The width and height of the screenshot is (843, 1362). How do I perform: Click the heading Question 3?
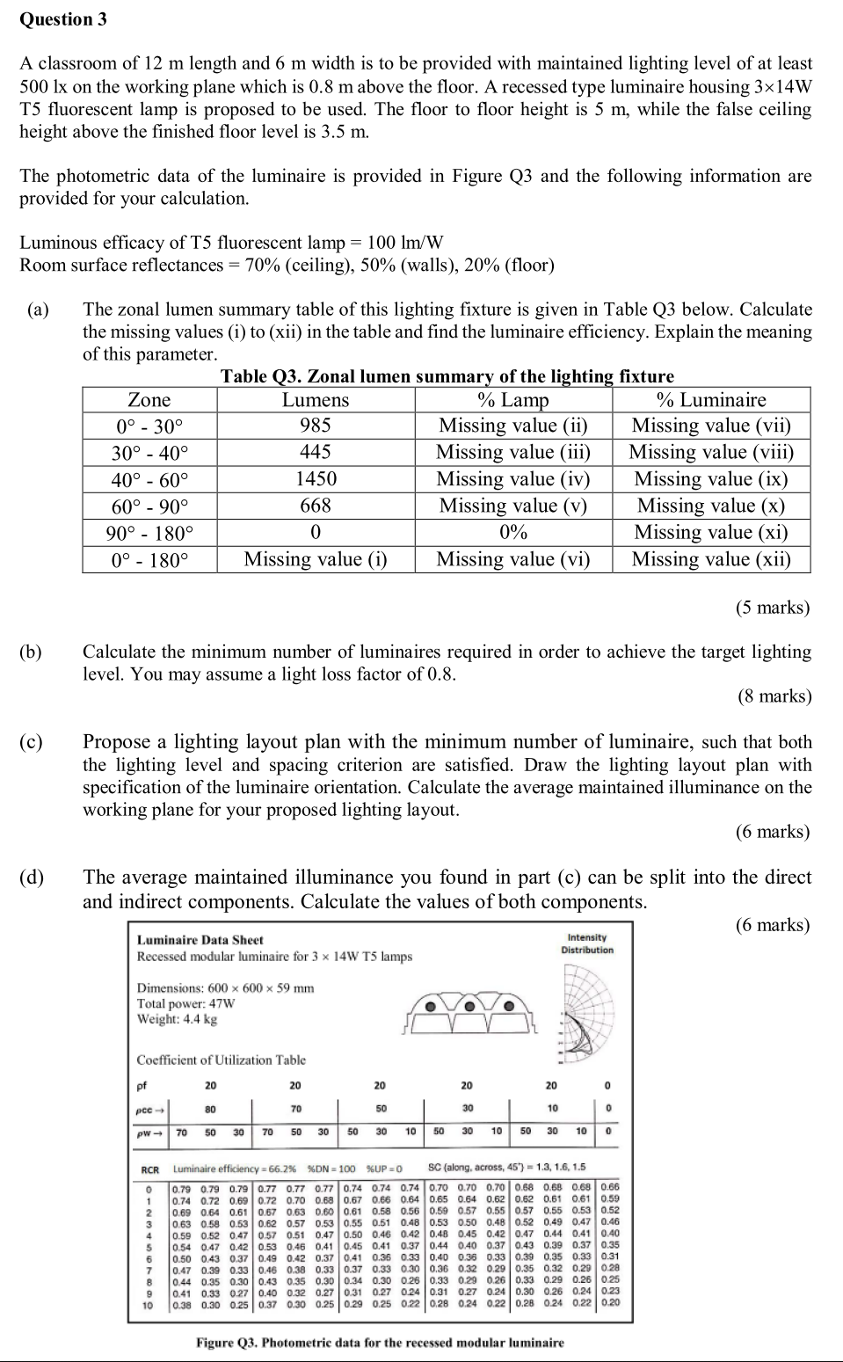pyautogui.click(x=63, y=19)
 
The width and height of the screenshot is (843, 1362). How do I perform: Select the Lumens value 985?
pyautogui.click(x=315, y=426)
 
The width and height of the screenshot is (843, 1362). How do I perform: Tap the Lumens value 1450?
pyautogui.click(x=315, y=479)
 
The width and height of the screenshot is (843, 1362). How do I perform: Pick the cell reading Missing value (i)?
pyautogui.click(x=315, y=559)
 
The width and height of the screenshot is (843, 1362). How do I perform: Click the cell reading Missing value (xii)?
pyautogui.click(x=711, y=559)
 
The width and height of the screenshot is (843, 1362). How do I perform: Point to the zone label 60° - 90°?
pyautogui.click(x=149, y=506)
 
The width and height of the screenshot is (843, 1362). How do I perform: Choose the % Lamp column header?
pyautogui.click(x=512, y=400)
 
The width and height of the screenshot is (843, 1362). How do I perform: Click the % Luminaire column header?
pyautogui.click(x=711, y=400)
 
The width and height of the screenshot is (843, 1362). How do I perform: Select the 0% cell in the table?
pyautogui.click(x=512, y=533)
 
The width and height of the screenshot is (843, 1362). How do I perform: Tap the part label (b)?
pyautogui.click(x=32, y=652)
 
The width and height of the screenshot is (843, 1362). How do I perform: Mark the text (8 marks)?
pyautogui.click(x=774, y=696)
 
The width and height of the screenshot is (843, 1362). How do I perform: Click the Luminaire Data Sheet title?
pyautogui.click(x=200, y=940)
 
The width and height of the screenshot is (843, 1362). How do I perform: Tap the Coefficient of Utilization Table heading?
pyautogui.click(x=221, y=1060)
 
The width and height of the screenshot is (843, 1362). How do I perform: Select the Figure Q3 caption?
pyautogui.click(x=380, y=1343)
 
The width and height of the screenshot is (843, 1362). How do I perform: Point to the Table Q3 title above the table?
pyautogui.click(x=447, y=377)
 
